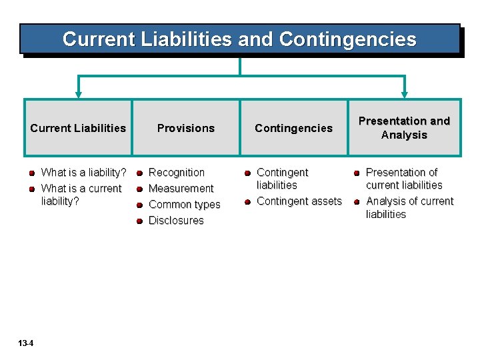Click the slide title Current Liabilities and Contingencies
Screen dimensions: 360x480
(239, 39)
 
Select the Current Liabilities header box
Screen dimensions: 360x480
(78, 128)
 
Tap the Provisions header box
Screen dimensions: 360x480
(186, 128)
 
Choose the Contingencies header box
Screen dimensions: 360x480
(293, 128)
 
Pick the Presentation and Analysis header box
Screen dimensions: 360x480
(404, 128)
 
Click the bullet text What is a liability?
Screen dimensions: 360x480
(84, 173)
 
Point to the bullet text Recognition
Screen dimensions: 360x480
(177, 173)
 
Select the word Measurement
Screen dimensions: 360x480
(181, 189)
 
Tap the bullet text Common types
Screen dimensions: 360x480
(184, 205)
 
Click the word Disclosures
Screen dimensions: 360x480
(176, 221)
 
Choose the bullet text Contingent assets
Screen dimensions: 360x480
(299, 201)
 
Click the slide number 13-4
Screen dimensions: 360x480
(27, 343)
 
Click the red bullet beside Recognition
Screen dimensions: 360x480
(139, 173)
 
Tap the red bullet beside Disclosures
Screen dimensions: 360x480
(139, 221)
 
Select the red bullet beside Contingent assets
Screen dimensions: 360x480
(247, 202)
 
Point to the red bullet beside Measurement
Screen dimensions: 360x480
(139, 189)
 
